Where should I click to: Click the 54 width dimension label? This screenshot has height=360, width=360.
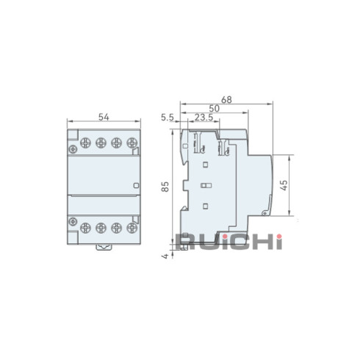click(x=104, y=117)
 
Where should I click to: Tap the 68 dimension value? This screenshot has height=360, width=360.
click(x=226, y=100)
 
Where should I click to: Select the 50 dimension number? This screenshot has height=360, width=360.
click(x=214, y=109)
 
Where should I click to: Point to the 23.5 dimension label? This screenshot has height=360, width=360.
click(x=204, y=118)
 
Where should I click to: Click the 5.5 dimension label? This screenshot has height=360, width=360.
click(x=168, y=118)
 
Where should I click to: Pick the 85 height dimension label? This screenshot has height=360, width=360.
click(x=165, y=187)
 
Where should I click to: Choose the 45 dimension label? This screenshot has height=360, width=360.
click(x=284, y=185)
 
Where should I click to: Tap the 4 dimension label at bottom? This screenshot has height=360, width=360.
click(x=166, y=256)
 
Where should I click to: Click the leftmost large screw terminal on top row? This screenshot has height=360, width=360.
click(x=85, y=143)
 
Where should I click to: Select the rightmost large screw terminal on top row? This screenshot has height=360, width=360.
click(x=132, y=143)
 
